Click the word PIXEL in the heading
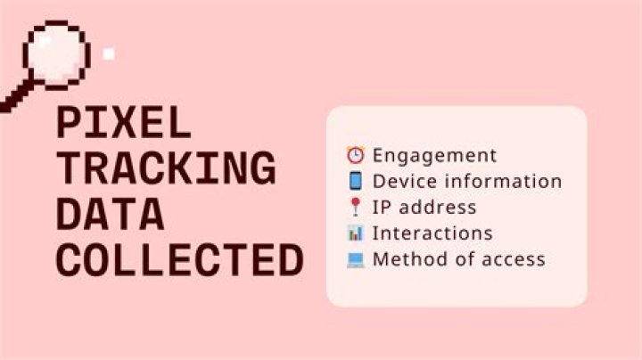tap(124, 122)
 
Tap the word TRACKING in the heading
tap(166, 168)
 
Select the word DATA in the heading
tap(111, 214)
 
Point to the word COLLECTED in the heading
tap(180, 260)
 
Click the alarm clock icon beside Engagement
tap(355, 155)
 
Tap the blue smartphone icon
tap(355, 181)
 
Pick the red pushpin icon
tap(356, 207)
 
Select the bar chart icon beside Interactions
tap(355, 233)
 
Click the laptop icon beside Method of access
tap(355, 259)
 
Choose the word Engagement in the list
tap(434, 156)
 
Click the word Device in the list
tap(405, 181)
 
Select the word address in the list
tap(438, 207)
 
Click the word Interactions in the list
tap(432, 233)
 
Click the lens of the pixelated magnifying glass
tap(55, 55)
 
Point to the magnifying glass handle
tap(17, 95)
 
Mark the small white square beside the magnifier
tap(109, 54)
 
